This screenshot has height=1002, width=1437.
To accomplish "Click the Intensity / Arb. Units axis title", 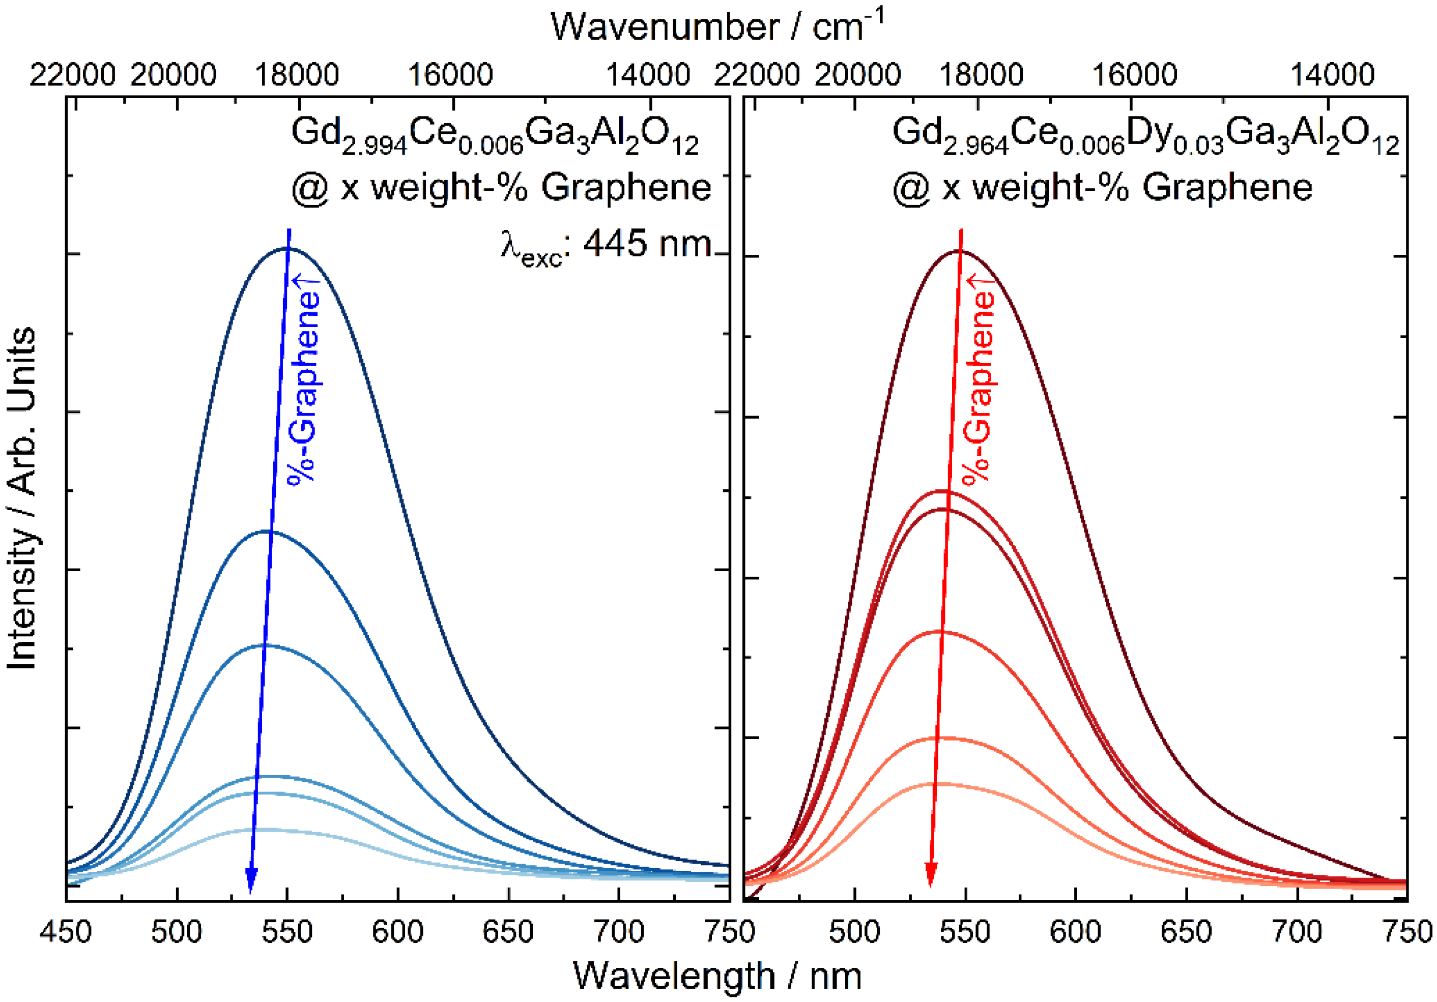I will (22, 498).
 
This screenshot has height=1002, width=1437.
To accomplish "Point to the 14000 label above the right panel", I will (1333, 75).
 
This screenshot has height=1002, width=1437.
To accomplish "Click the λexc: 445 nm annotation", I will (606, 245).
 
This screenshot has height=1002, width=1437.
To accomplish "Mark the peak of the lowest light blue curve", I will (263, 830).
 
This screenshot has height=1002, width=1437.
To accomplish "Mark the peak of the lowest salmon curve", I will (939, 784).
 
